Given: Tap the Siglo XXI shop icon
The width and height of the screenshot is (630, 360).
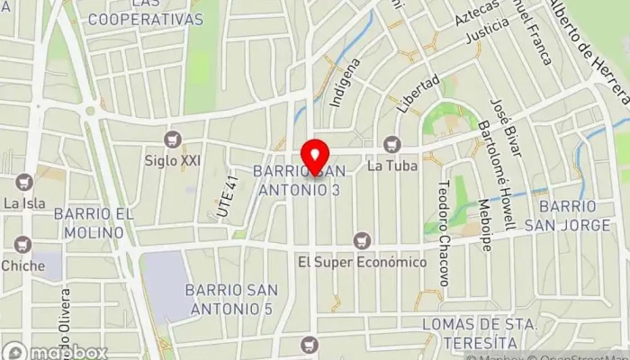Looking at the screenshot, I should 173,139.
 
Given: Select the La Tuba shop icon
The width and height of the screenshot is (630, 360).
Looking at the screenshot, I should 391,144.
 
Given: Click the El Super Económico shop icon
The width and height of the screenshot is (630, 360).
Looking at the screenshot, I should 362,240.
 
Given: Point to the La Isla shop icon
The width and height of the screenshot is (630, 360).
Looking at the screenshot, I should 24,182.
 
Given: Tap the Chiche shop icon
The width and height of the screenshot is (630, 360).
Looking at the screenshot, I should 22,244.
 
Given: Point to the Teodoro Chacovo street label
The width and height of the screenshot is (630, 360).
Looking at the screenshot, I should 442,230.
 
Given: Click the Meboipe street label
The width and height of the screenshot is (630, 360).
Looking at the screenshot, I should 485,224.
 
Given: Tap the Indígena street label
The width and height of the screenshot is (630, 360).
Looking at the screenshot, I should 346,83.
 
